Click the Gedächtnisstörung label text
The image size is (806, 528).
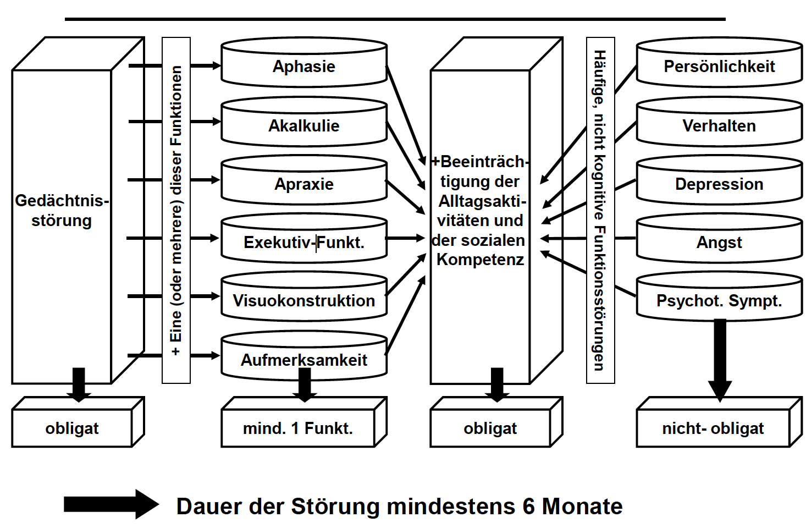point(62,211)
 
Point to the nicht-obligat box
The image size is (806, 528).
point(713,428)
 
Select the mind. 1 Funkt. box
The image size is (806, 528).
point(298,428)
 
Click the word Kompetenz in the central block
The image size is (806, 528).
point(480,260)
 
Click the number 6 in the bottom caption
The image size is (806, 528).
point(528,507)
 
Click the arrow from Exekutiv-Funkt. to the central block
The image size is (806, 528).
point(406,238)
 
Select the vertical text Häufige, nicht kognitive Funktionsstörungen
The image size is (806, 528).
point(600,210)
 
